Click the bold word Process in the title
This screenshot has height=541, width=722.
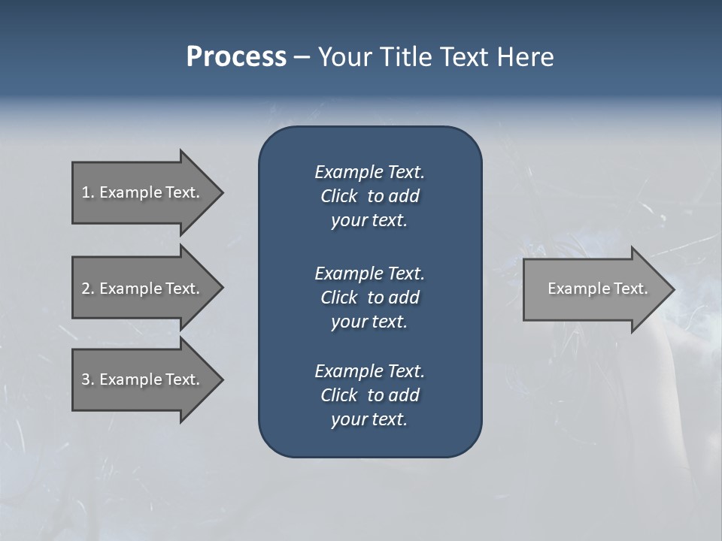tap(236, 57)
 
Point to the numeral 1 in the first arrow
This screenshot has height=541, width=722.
tap(86, 192)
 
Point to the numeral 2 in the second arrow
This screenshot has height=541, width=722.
tap(86, 289)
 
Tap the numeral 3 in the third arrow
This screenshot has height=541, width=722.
tap(86, 379)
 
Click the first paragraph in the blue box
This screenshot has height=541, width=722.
tap(369, 196)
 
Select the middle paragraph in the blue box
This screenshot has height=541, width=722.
tap(369, 298)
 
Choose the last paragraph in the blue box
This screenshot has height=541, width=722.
tap(369, 395)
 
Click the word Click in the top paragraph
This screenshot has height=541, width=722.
tap(338, 196)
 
